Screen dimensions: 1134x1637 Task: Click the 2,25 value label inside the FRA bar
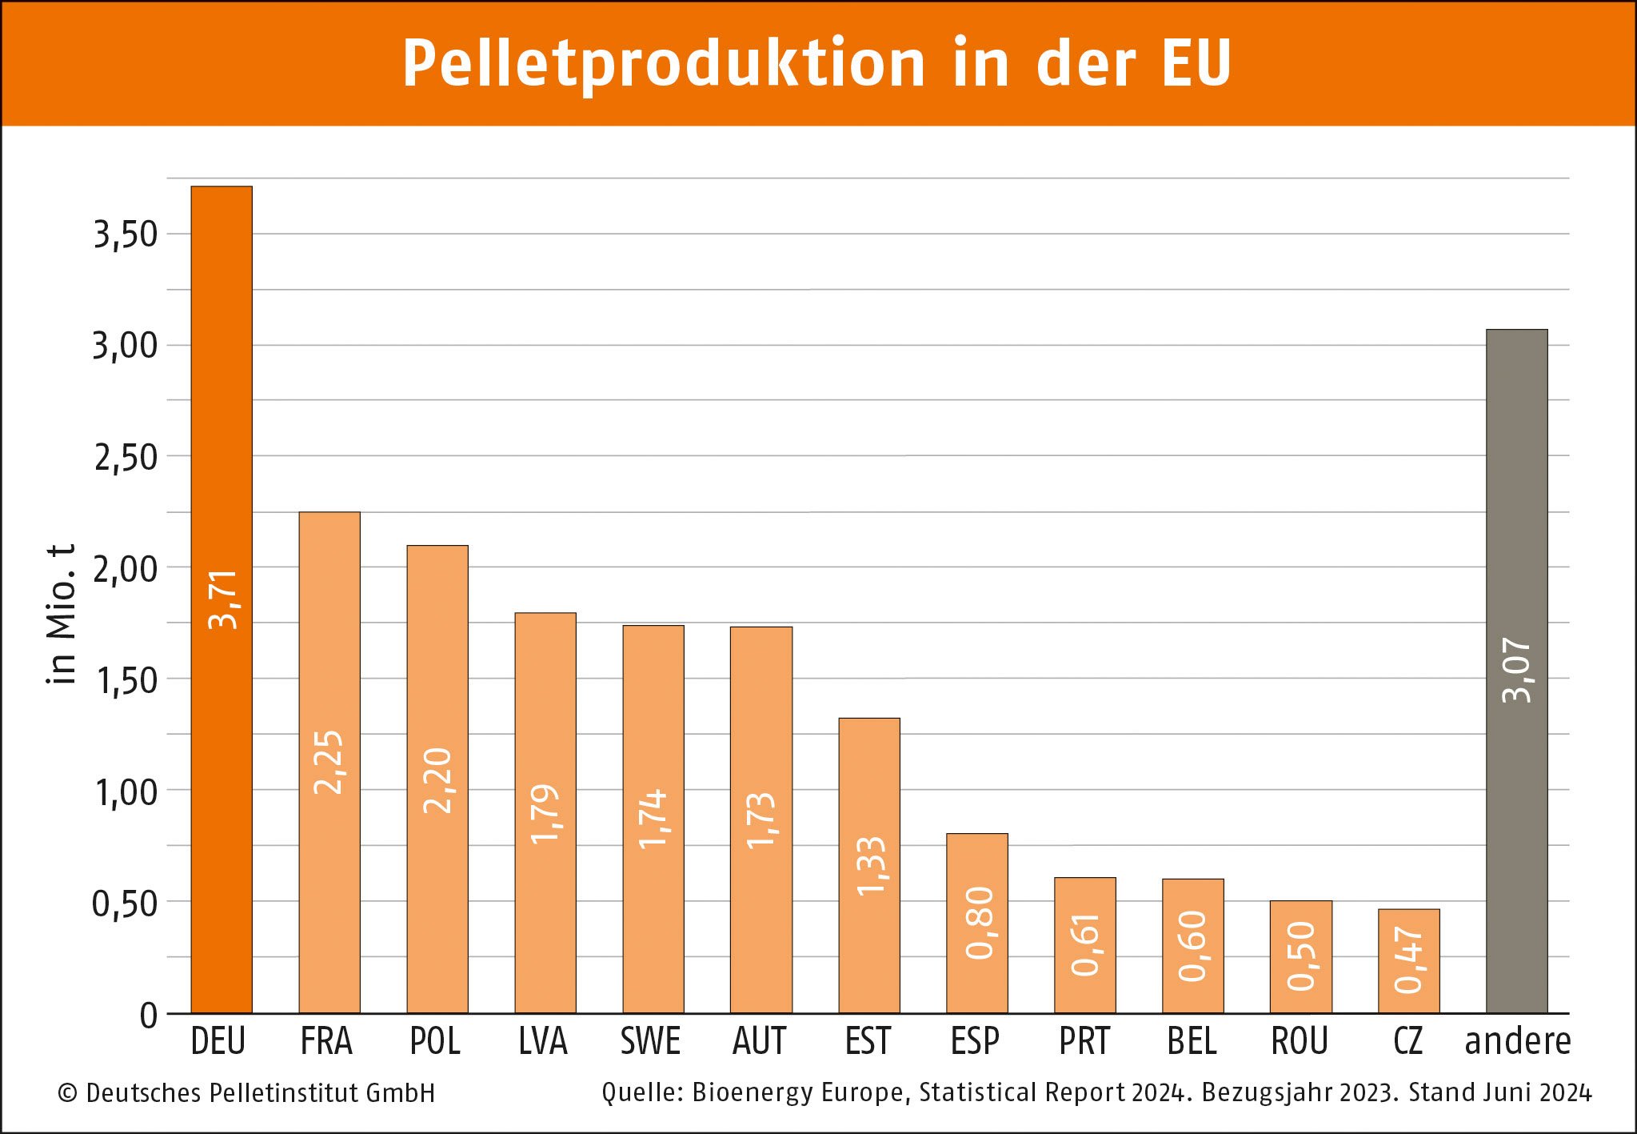click(329, 762)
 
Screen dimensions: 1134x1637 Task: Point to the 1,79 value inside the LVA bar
click(545, 814)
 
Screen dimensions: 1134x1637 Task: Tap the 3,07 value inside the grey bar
click(1516, 670)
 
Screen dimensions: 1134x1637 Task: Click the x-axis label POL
click(435, 1041)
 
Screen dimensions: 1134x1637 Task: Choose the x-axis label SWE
click(651, 1041)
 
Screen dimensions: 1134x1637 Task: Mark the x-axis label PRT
click(1084, 1041)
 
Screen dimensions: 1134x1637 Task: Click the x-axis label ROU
click(1300, 1041)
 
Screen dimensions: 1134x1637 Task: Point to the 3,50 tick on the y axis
click(126, 234)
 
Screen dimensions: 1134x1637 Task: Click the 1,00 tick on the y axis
click(126, 792)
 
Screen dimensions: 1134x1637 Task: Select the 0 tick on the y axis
click(149, 1016)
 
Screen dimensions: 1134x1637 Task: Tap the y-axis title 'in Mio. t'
click(61, 614)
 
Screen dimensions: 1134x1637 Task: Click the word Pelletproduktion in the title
click(664, 64)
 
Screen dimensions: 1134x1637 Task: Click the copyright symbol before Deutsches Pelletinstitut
click(67, 1093)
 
